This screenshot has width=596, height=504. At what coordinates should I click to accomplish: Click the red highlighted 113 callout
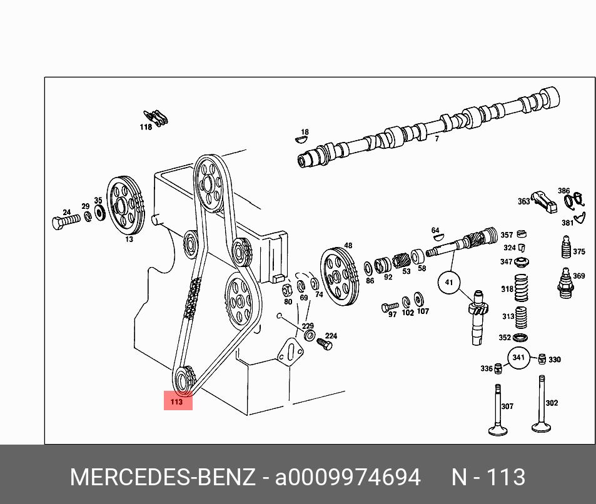178,401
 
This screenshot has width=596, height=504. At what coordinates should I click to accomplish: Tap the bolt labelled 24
66,221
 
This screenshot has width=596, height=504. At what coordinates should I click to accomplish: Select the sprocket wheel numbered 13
126,206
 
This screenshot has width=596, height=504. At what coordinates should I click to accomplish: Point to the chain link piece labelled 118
156,117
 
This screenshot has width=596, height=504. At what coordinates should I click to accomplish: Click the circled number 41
449,283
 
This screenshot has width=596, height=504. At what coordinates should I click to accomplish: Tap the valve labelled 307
498,410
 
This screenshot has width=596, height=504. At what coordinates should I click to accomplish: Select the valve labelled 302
541,405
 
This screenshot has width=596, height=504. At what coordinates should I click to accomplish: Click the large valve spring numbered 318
522,288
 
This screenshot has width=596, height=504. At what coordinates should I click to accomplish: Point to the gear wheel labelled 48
339,276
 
